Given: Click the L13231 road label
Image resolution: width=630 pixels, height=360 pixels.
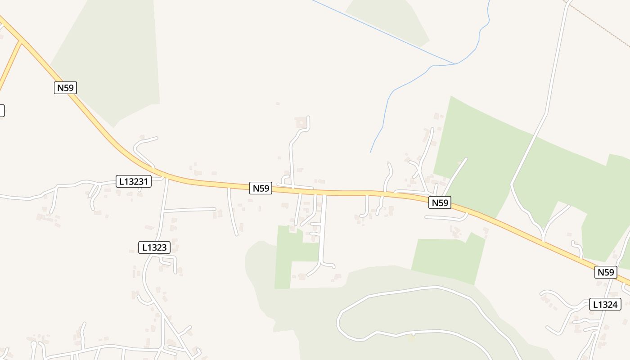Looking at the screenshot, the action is tap(134, 181).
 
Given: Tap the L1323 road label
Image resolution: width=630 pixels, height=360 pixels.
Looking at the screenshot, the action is tap(154, 247).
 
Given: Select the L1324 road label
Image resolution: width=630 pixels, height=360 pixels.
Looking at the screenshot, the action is tap(605, 304).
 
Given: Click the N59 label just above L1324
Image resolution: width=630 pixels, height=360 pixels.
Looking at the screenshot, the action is tap(605, 272).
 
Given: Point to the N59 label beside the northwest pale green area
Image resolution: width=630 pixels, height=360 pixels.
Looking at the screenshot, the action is tap(65, 87).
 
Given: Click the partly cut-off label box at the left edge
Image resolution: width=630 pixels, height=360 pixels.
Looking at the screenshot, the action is tap(2, 110).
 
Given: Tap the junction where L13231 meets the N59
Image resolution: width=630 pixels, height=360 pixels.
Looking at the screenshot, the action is tap(166, 177).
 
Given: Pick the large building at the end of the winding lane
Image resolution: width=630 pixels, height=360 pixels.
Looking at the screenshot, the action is tap(300, 122).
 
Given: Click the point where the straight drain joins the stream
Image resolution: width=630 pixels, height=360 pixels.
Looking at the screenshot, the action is tap(455, 63).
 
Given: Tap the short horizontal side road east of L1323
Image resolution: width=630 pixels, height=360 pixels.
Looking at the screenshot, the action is tap(189, 210).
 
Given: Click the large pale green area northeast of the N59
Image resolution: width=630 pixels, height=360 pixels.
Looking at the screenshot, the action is tap(481, 148).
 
